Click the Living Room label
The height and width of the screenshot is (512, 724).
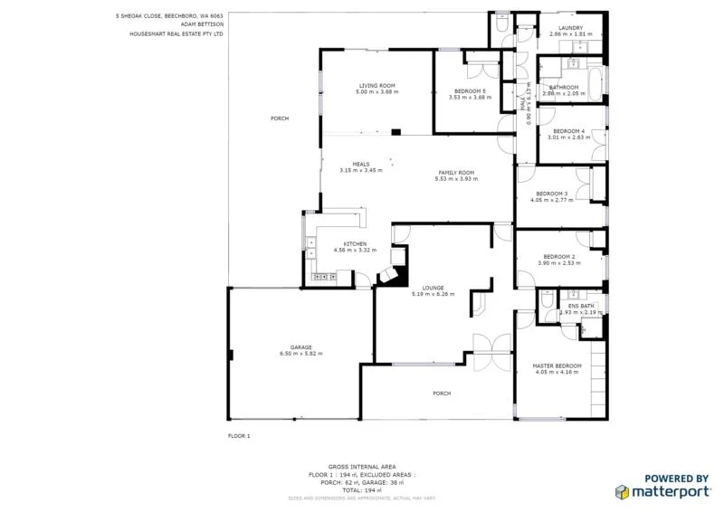coord(376,86)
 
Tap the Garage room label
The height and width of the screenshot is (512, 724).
coord(300,347)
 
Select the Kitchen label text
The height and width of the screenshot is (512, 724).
coord(355,243)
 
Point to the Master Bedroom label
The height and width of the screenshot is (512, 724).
coord(557,365)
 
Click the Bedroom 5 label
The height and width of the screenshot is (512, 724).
coord(470,91)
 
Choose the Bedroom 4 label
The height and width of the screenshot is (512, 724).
coord(570,131)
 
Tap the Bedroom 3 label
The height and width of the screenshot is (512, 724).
coord(551,194)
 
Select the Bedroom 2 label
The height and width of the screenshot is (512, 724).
coord(559,256)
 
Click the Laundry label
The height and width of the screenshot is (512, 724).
coord(570,28)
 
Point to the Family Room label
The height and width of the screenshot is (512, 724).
coord(456,172)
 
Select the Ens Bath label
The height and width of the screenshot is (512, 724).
coord(580,306)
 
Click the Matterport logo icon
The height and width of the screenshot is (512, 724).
coord(623,492)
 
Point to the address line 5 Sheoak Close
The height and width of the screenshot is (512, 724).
coord(169,15)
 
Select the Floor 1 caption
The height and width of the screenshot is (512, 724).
coord(239,436)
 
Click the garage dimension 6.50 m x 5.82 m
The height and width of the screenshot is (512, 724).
coord(300,354)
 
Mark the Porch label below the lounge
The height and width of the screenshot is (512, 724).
coord(442,393)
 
